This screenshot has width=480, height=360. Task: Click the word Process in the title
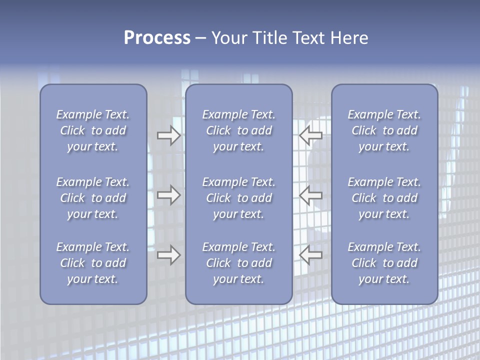157,38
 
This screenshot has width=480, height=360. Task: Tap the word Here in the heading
349,38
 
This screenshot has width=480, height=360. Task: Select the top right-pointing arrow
168,135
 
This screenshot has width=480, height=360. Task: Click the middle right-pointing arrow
168,195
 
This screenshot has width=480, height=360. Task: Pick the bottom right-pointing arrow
168,255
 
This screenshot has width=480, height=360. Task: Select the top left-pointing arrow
310,135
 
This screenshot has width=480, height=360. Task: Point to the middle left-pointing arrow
310,195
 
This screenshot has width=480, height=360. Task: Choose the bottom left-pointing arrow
310,255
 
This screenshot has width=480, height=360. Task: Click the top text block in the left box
93,130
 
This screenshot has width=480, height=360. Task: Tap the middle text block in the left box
93,198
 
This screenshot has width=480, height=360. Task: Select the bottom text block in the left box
93,263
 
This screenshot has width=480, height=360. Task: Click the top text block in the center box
238,130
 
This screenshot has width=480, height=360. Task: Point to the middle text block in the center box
238,198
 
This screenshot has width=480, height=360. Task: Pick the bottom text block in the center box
238,263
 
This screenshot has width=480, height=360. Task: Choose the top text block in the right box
384,130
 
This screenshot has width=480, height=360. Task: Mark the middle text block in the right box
384,198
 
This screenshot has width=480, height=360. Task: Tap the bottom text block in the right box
384,263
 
